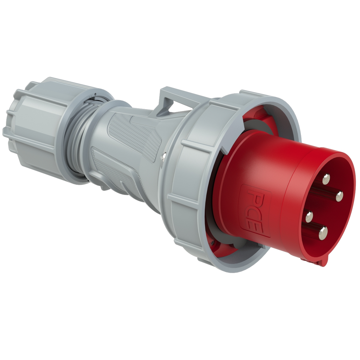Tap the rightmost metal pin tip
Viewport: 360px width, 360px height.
(x=340, y=196)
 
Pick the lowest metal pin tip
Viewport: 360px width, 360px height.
(x=323, y=231)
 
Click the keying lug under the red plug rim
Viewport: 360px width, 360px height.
(x=320, y=262)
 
